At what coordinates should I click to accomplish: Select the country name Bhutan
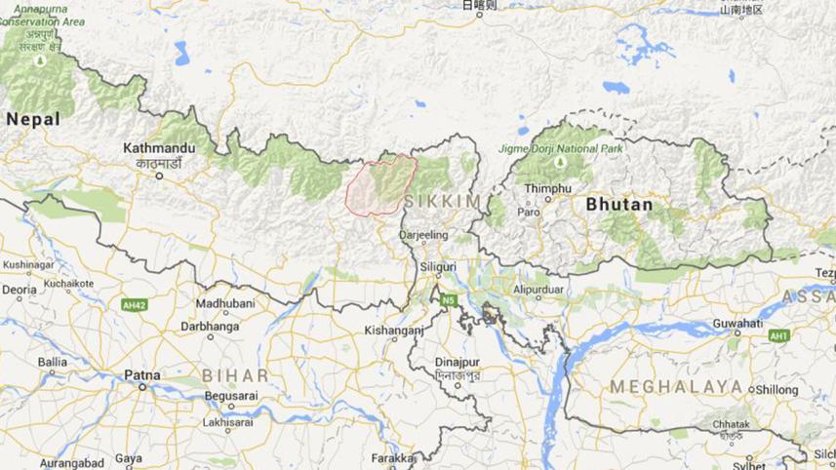[x=619, y=206]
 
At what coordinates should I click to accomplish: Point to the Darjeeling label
[x=423, y=235]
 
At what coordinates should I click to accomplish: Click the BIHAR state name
[x=234, y=374]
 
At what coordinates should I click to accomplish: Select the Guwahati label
[x=736, y=323]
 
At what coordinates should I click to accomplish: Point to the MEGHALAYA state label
[x=676, y=386]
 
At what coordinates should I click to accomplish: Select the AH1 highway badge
[x=778, y=335]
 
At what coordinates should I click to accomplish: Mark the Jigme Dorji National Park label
[x=575, y=148]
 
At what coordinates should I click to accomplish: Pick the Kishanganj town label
[x=393, y=331]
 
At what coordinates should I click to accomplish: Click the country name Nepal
[x=32, y=119]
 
